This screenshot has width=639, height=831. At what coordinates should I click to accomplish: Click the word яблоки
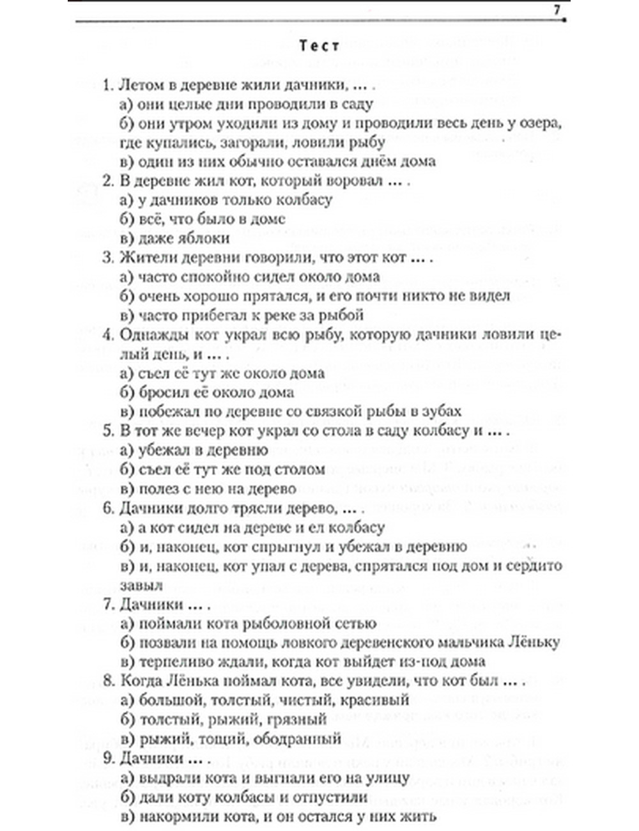point(203,238)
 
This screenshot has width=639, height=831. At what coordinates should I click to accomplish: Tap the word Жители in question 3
point(145,258)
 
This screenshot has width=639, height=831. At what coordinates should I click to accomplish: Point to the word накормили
point(172,816)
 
